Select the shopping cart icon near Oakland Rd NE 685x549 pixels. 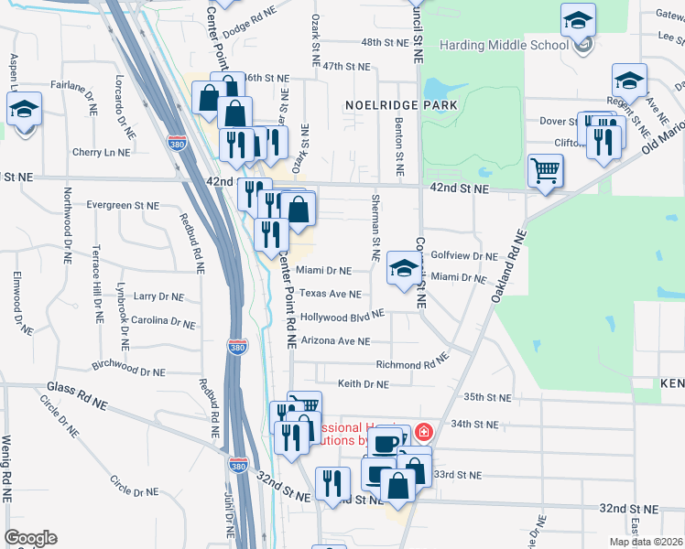[545, 171]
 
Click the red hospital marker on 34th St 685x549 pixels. [423, 431]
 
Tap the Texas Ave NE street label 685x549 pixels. [331, 294]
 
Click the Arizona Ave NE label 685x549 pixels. [334, 340]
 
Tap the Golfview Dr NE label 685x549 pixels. [463, 256]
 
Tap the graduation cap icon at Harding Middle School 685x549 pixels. [578, 21]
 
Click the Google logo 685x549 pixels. [30, 538]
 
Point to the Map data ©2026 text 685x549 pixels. [645, 542]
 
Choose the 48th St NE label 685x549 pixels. [384, 42]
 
